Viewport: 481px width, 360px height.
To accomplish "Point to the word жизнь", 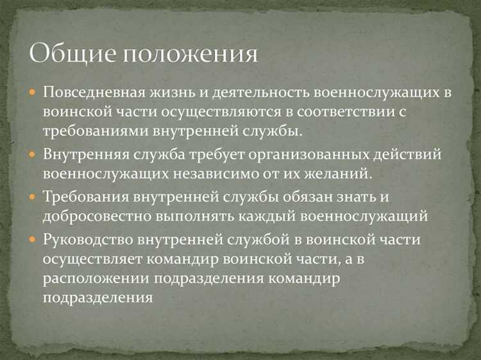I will (174, 92).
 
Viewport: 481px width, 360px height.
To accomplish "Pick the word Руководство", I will (87, 240).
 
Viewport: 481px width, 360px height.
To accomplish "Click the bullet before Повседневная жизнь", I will (33, 92).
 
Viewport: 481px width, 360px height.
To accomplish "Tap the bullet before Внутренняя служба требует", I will (33, 155).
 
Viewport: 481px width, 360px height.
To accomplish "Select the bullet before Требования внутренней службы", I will (33, 197).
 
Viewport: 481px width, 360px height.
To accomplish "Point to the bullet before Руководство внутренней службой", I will (33, 240).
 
